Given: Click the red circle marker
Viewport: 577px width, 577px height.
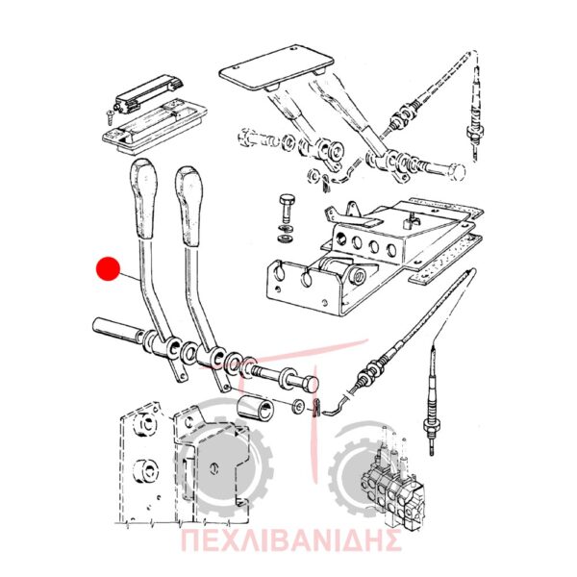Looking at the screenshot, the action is (108, 268).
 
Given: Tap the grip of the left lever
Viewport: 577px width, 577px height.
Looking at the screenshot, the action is (143, 199).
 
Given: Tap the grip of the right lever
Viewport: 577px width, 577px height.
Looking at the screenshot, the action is (189, 206).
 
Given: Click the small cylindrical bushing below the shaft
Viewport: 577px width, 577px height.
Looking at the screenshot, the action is (255, 408).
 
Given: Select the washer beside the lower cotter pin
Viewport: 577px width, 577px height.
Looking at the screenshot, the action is (298, 406).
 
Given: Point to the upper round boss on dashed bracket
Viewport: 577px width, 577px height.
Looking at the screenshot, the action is (146, 424).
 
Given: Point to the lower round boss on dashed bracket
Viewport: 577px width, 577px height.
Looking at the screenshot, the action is (146, 470).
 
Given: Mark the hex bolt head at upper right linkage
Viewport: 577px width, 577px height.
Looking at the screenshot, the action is (458, 172).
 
